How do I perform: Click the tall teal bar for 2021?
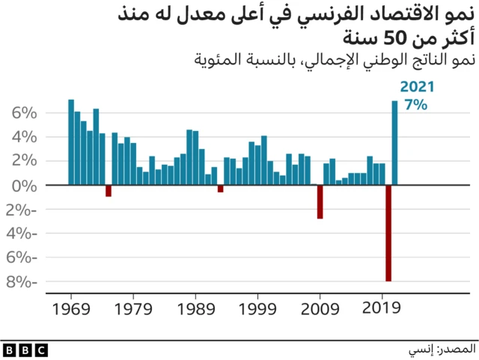point(394,142)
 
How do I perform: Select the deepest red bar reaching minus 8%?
point(388,233)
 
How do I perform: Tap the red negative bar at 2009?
point(320,201)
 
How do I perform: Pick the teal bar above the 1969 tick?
point(71,141)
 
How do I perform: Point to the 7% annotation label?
point(415,106)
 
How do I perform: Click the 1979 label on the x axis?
point(133,308)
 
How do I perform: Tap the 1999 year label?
point(258,308)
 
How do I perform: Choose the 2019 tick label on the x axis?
point(382,308)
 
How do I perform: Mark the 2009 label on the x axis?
point(320,308)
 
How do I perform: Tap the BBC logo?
point(25,350)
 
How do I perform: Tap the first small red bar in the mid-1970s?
point(109,191)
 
